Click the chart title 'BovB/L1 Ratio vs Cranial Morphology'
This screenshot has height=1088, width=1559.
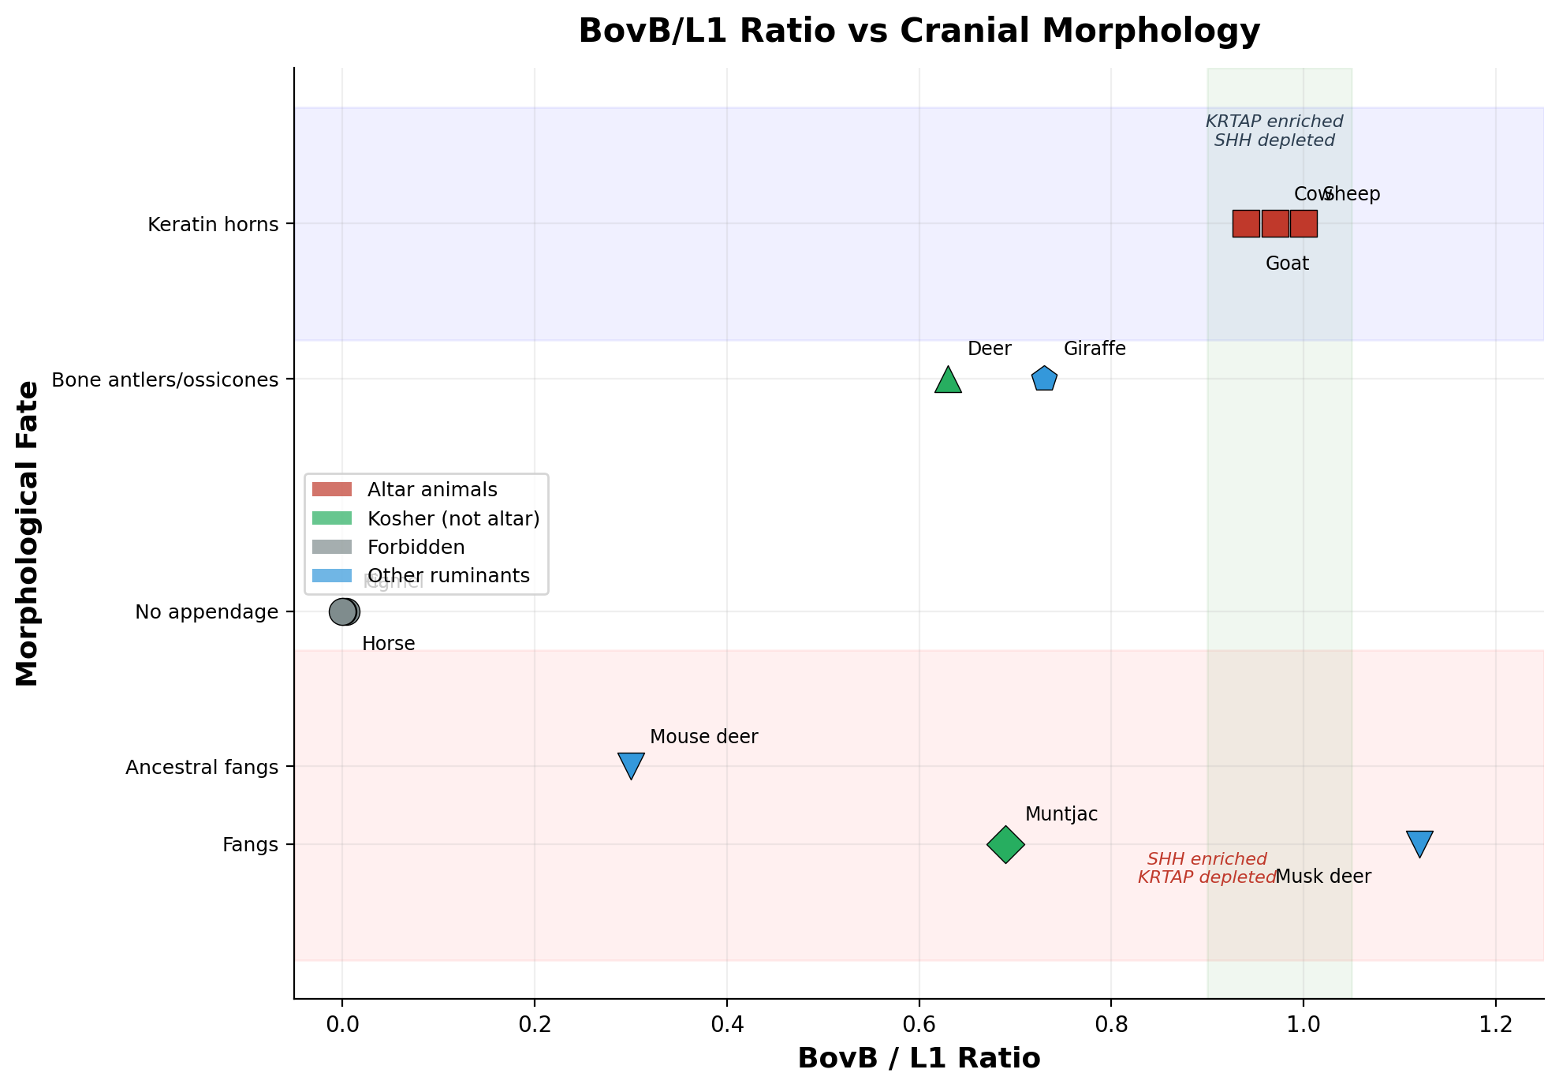pyautogui.click(x=919, y=32)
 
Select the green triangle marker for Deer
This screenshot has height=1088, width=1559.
pyautogui.click(x=948, y=380)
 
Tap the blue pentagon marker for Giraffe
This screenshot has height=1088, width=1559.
pyautogui.click(x=1044, y=379)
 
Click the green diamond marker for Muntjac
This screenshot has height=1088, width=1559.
pyautogui.click(x=1005, y=844)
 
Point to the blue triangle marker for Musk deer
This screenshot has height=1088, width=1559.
pyautogui.click(x=1419, y=843)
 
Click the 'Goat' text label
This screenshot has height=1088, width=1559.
pyautogui.click(x=1287, y=264)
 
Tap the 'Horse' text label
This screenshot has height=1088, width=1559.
pyautogui.click(x=388, y=644)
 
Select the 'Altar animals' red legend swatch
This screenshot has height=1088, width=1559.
pyautogui.click(x=331, y=490)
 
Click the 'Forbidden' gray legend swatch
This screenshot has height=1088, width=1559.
pyautogui.click(x=331, y=548)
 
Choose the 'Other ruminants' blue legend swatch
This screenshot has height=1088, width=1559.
pyautogui.click(x=331, y=576)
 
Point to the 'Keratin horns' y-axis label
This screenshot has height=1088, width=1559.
pyautogui.click(x=213, y=225)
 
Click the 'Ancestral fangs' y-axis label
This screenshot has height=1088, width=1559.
pyautogui.click(x=202, y=767)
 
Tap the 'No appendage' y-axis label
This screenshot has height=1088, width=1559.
pyautogui.click(x=207, y=612)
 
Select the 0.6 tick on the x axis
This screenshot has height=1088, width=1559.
pyautogui.click(x=919, y=1026)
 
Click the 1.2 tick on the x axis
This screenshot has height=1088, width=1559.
pyautogui.click(x=1496, y=1026)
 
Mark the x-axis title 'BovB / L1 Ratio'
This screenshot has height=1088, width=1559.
pyautogui.click(x=919, y=1059)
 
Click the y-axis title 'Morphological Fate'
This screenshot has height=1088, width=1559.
pyautogui.click(x=28, y=533)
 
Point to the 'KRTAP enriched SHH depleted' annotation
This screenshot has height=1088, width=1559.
pyautogui.click(x=1274, y=131)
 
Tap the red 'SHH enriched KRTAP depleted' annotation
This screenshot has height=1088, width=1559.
pyautogui.click(x=1207, y=868)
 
